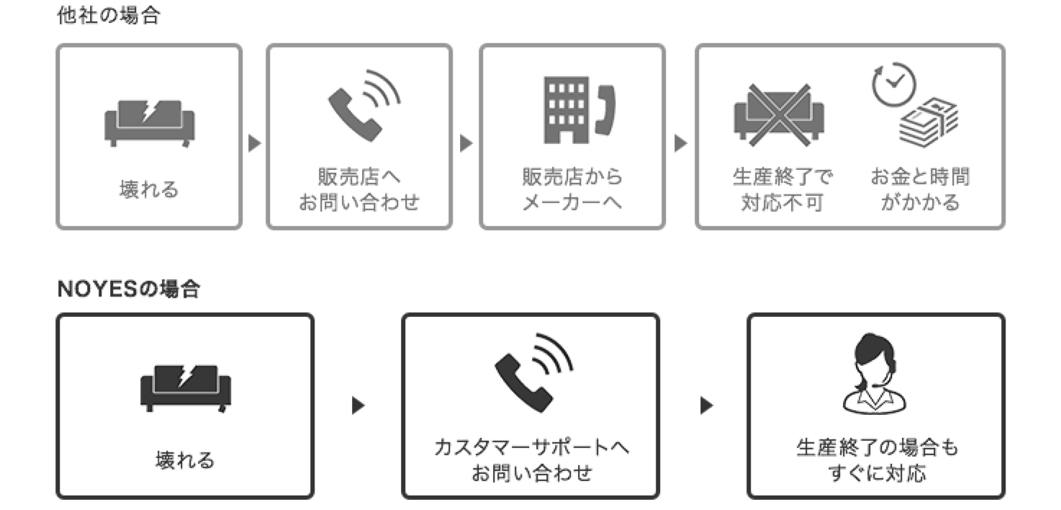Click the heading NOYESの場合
128,290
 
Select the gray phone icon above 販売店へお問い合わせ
363,105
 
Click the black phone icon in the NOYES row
533,372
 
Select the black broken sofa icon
186,388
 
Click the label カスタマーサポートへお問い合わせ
531,460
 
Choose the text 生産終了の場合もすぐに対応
877,460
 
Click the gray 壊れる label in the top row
149,190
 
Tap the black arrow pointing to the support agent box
707,406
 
